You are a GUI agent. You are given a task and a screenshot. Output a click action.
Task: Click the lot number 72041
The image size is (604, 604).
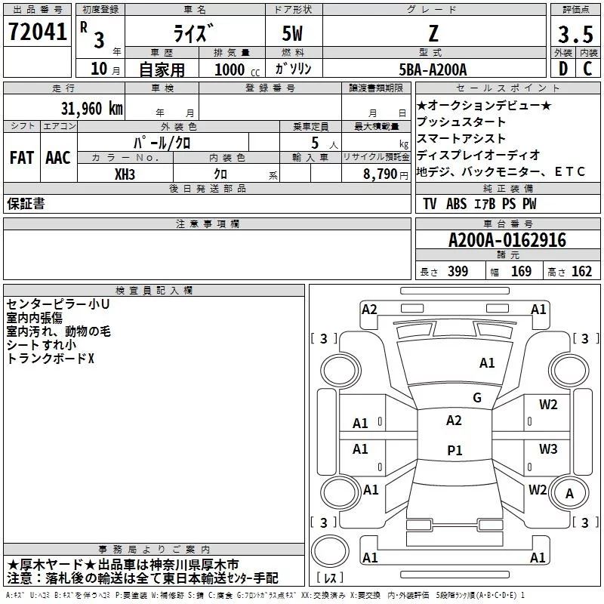point(38,32)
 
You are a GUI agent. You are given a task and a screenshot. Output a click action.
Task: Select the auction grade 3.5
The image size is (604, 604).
point(575,34)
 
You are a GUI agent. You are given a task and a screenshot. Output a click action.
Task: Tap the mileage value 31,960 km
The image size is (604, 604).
point(91,109)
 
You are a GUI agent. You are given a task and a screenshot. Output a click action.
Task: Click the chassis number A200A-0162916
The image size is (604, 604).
point(507,240)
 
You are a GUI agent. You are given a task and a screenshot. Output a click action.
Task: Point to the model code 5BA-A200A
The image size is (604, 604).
point(433,69)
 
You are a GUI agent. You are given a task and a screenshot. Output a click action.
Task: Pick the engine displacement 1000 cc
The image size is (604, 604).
point(237,69)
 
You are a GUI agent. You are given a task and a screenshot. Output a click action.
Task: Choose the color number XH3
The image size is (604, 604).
point(125,174)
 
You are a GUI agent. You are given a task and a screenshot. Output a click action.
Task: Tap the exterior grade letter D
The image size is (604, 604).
point(562,69)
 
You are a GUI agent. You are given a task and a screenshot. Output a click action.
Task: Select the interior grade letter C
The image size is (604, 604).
point(587,69)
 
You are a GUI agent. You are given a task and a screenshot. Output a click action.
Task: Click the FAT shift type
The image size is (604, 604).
point(22,158)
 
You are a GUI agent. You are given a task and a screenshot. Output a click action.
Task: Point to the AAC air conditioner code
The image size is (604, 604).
point(58,158)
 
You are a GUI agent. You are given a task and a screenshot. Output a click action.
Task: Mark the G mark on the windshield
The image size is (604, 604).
point(477,397)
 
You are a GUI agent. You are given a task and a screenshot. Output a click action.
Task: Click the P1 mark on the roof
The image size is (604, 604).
point(455,450)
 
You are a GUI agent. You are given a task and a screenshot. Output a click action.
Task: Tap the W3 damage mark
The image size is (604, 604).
point(548,448)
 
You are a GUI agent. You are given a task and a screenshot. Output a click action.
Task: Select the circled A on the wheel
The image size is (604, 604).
point(569,494)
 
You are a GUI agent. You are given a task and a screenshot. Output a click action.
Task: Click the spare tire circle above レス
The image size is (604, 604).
point(330,551)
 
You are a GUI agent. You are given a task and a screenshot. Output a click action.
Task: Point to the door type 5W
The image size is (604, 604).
point(292,33)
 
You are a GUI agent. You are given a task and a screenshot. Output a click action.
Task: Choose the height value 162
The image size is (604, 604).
point(581,271)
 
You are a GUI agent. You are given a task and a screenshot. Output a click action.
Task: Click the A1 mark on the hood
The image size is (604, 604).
point(487,363)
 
